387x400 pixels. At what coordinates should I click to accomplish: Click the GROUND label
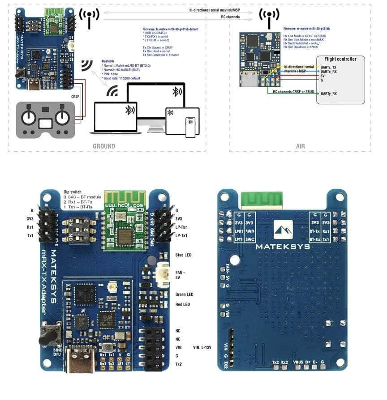103,146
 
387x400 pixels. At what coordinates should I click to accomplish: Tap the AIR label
300,146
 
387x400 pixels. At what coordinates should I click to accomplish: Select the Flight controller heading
340,59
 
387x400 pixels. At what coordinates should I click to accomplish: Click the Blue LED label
183,255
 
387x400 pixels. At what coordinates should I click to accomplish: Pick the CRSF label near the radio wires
75,96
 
